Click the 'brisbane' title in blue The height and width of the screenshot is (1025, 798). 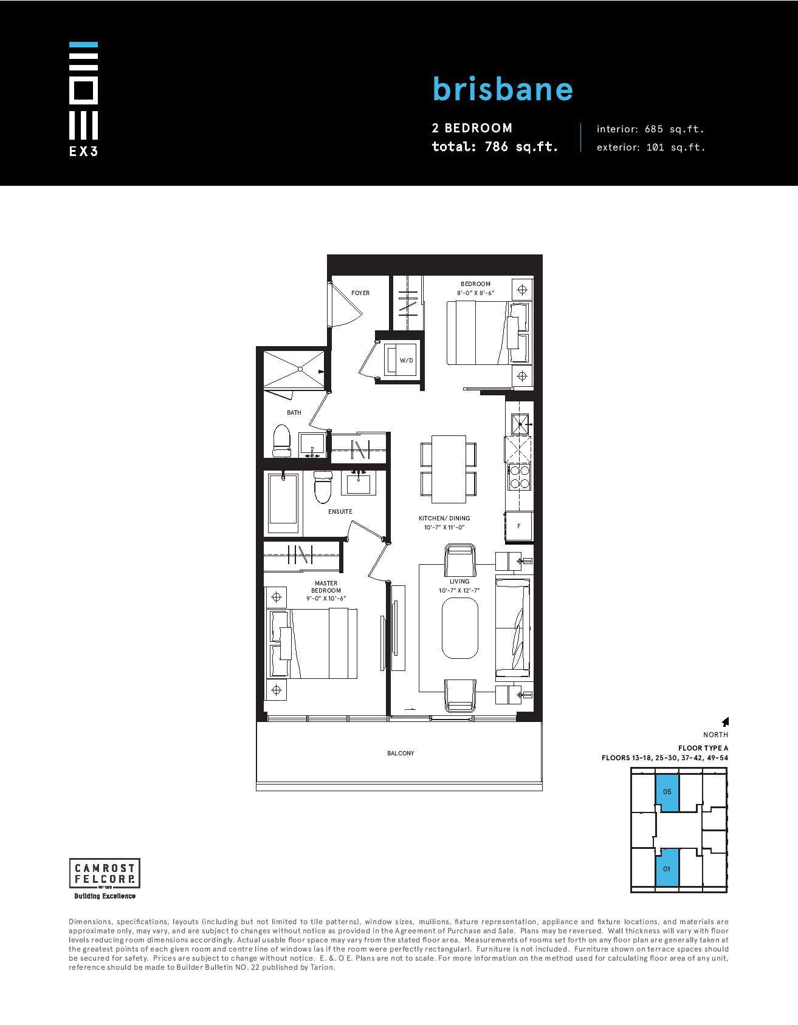(503, 89)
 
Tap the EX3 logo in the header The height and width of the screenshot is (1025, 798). (83, 99)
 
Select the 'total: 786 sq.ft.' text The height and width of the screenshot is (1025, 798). (495, 146)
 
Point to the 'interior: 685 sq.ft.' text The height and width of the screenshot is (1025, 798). (650, 129)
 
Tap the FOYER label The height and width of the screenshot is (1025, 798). (360, 293)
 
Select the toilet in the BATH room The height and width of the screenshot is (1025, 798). (282, 440)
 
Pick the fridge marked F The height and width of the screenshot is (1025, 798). (518, 526)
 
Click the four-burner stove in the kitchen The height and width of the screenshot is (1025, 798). (519, 477)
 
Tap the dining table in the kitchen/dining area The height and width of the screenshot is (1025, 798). (449, 469)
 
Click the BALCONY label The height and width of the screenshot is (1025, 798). (401, 753)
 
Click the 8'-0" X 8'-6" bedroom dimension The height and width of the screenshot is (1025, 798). (476, 293)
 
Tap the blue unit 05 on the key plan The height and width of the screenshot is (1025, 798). (667, 792)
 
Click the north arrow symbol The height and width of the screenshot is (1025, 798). (725, 721)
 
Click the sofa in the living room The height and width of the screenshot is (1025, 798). (513, 628)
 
